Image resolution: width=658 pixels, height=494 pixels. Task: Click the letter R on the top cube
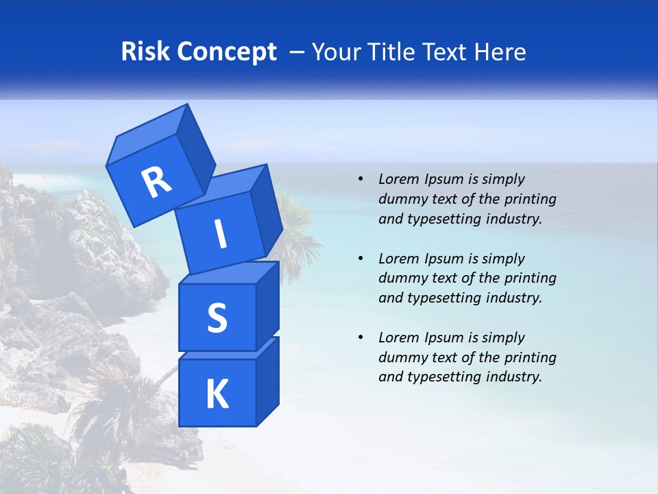tap(156, 183)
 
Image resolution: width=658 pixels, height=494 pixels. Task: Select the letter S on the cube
tap(217, 318)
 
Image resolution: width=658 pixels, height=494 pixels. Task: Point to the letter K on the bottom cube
tap(217, 395)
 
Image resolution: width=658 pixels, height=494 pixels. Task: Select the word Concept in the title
tap(226, 52)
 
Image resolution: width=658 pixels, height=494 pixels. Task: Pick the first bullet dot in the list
tap(361, 180)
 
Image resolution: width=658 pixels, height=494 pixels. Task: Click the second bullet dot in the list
tap(361, 259)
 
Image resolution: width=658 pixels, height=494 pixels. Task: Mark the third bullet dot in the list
tap(361, 338)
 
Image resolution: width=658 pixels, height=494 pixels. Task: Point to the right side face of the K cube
tap(267, 381)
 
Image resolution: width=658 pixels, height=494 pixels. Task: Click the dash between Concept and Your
tap(297, 53)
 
